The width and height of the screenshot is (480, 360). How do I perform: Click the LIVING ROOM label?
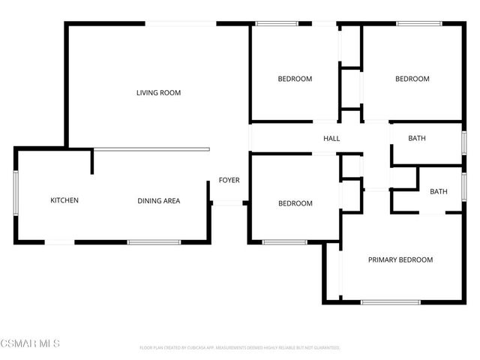tap(158, 93)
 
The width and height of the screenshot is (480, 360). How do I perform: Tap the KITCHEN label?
tap(64, 200)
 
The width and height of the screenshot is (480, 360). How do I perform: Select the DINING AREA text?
tap(159, 200)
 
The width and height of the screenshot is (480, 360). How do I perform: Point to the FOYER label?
tap(229, 180)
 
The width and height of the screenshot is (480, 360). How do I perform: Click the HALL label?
tap(331, 139)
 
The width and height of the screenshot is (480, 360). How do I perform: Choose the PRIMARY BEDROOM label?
tap(400, 259)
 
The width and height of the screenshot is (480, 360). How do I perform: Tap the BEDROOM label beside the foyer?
tap(295, 203)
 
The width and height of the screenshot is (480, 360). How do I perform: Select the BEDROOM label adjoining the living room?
tap(295, 79)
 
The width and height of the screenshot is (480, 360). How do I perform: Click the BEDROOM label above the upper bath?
tap(412, 79)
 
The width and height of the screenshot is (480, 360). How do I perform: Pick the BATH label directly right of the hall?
tap(417, 139)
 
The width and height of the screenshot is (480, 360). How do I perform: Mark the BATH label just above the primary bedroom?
tap(438, 191)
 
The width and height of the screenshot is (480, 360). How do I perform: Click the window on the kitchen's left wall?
tap(15, 194)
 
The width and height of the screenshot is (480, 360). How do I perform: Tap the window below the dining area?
tap(154, 242)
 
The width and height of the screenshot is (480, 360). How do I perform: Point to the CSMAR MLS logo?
tap(30, 343)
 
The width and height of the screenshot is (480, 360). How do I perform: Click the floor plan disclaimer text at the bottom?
tap(240, 348)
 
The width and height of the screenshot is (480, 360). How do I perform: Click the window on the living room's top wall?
tap(180, 24)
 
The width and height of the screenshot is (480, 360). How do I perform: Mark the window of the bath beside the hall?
tap(463, 142)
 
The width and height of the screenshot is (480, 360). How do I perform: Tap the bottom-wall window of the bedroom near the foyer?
tap(284, 242)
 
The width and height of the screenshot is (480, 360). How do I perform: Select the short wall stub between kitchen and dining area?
tap(92, 162)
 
